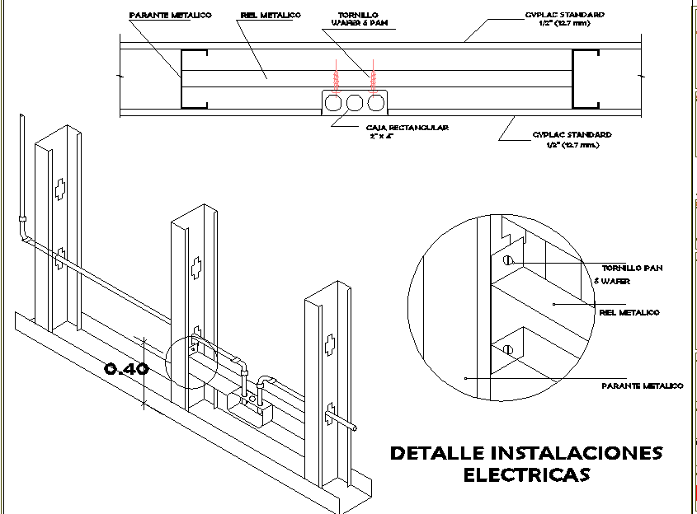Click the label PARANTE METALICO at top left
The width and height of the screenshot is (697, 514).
tap(171, 16)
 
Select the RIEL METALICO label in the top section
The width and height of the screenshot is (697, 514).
tap(271, 16)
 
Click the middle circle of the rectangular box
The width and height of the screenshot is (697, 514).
tap(356, 103)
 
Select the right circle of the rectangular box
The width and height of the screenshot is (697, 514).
tap(376, 103)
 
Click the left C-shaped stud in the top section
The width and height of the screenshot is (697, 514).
tap(190, 78)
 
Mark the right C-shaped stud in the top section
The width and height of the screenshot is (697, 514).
tap(586, 78)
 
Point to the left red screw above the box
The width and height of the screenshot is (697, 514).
tap(336, 78)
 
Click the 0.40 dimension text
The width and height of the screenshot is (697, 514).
tap(127, 369)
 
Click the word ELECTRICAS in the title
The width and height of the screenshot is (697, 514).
tap(525, 475)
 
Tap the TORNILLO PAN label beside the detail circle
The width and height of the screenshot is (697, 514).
tap(632, 269)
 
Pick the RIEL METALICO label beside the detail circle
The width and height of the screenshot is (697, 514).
tap(629, 312)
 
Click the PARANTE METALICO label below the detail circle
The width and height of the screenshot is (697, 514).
tap(642, 385)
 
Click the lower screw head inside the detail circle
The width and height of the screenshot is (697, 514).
tap(509, 349)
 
